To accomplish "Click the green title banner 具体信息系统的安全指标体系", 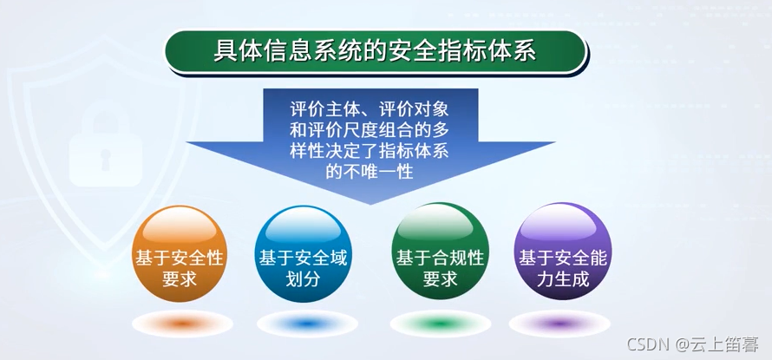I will coord(375,50).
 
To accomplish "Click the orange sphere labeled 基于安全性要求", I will coord(179,252).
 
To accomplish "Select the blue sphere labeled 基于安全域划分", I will coord(302,252).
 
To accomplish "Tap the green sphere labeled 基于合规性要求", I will coord(439,252).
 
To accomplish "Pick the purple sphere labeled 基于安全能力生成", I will coord(562,252).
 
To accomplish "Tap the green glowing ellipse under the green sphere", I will coord(439,324).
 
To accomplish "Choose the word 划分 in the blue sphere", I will coord(302,279).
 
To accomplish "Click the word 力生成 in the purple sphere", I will coord(562,279).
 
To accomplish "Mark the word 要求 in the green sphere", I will coord(440,279).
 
